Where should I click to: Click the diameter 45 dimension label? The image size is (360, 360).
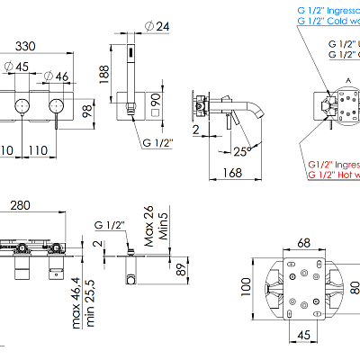pos(20,65)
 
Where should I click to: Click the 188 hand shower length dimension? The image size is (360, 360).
pos(105,72)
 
